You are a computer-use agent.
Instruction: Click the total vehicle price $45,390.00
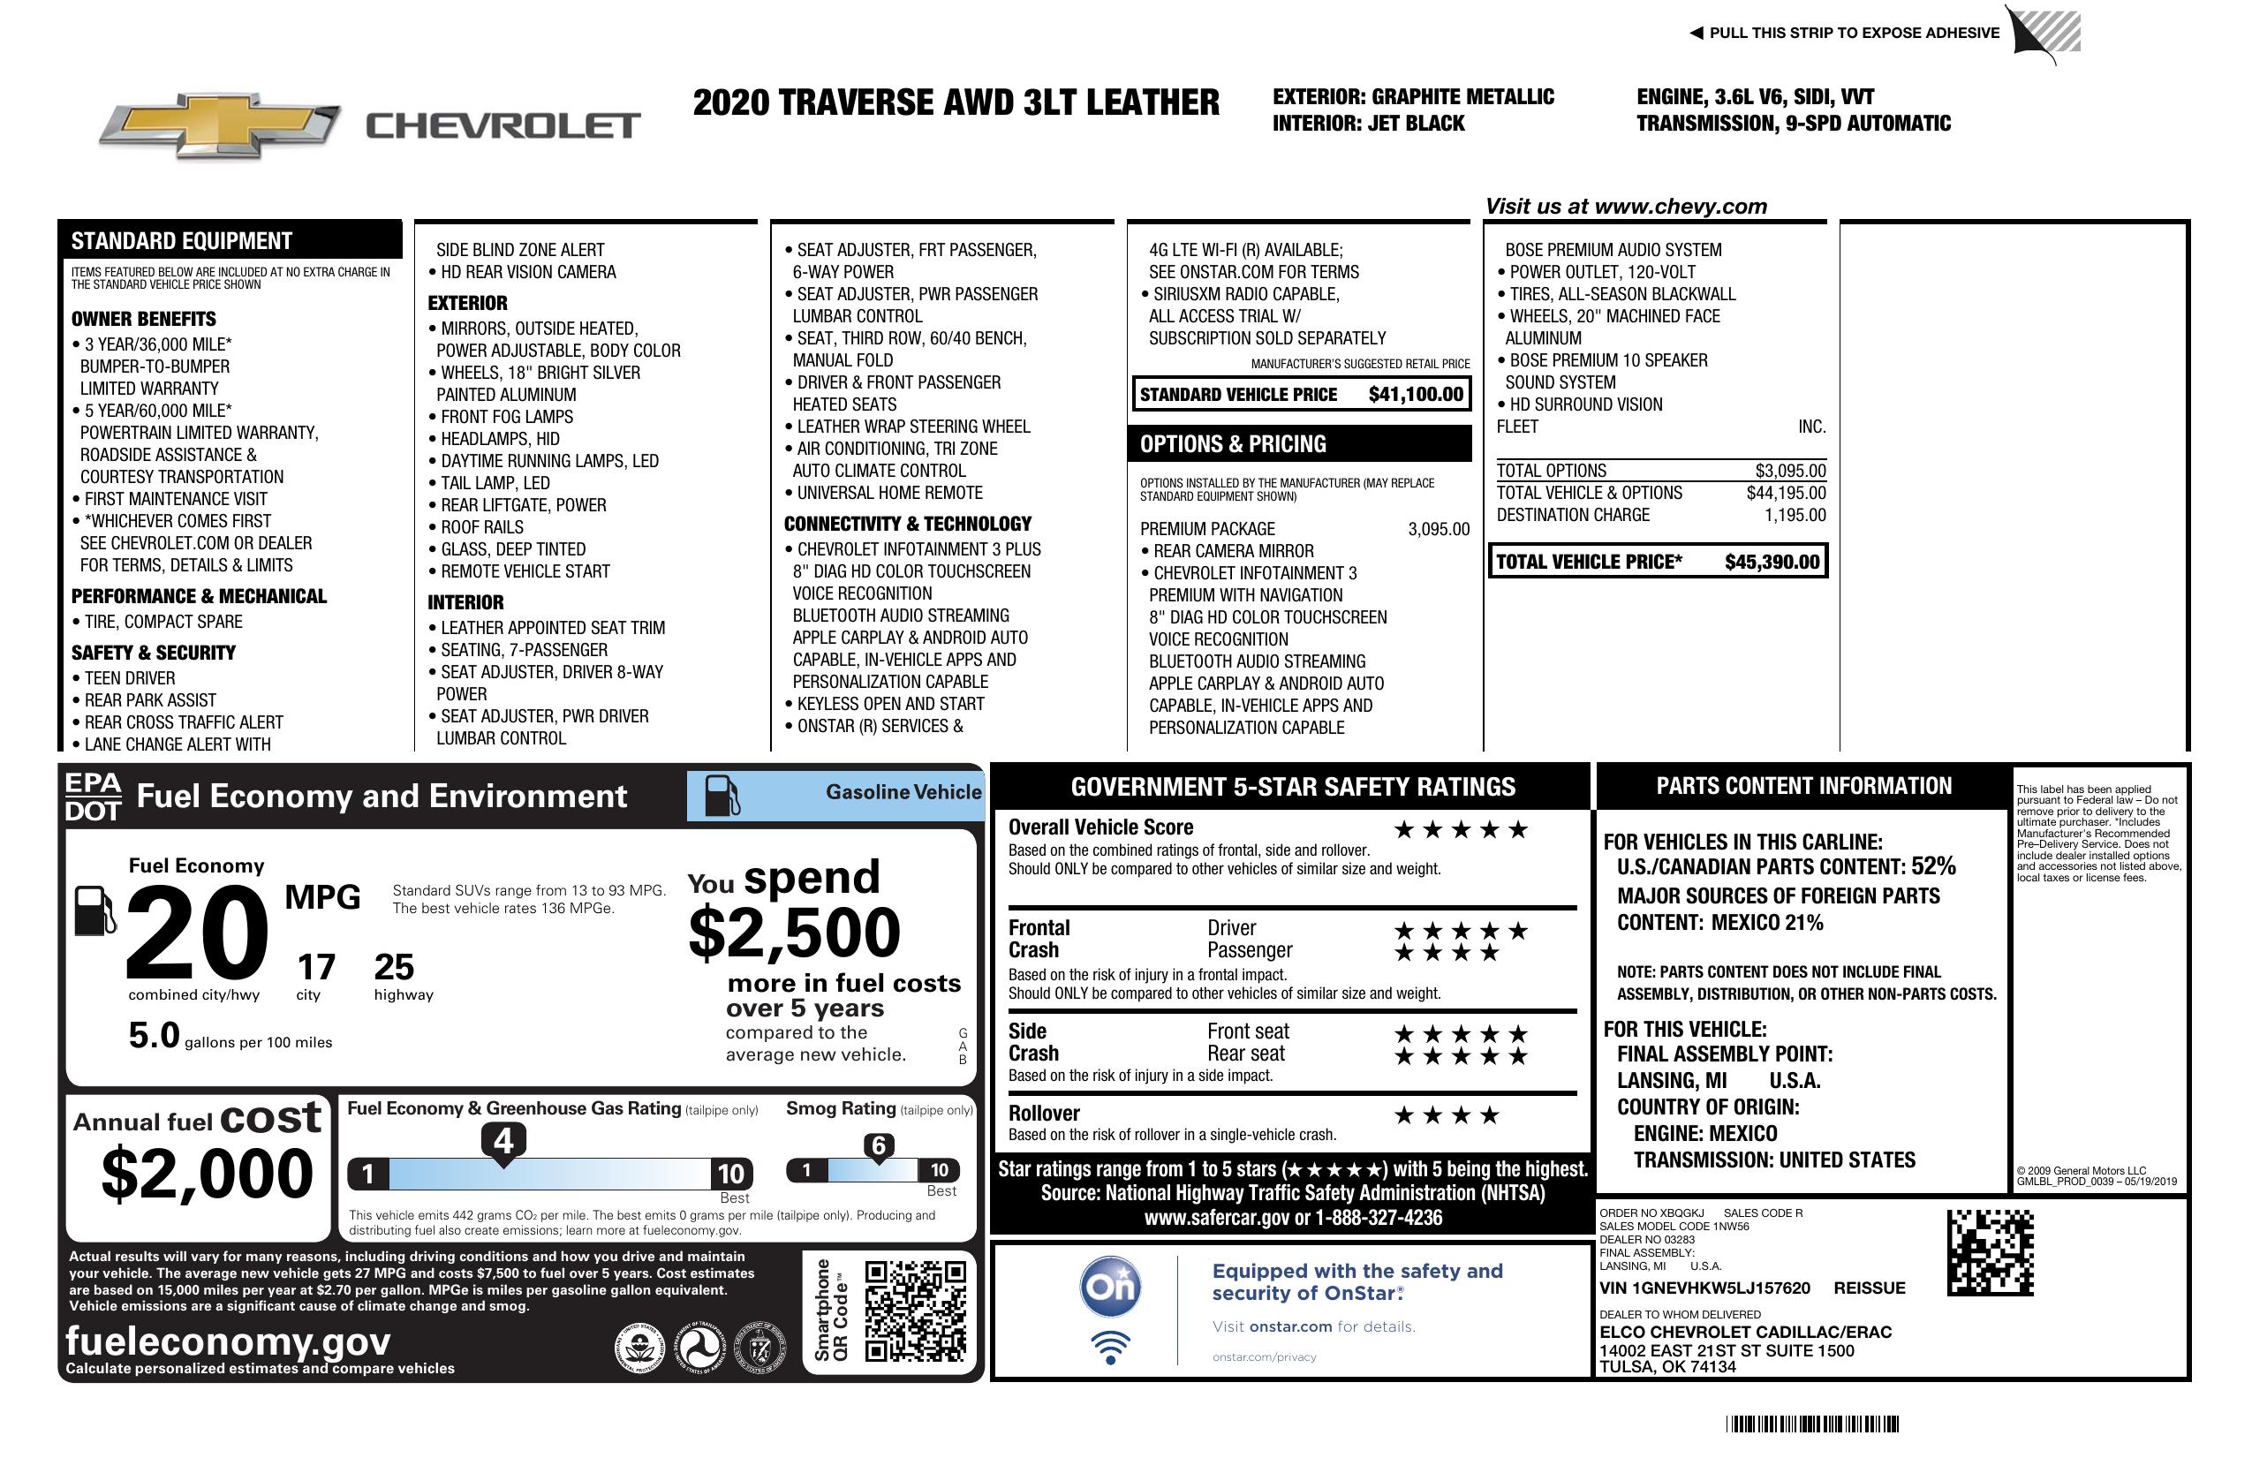point(1772,562)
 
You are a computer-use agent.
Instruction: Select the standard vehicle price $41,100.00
point(1416,395)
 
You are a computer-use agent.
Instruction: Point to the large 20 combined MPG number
point(197,933)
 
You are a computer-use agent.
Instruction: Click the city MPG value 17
point(316,967)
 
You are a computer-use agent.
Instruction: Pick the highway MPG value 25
point(394,967)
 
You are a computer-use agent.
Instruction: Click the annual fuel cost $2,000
point(208,1174)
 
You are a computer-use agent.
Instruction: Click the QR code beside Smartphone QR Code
point(915,1311)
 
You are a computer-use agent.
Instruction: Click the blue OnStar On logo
point(1110,1287)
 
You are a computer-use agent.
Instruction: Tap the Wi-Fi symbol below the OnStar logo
point(1110,1348)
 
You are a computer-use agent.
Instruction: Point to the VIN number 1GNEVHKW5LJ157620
point(1704,1288)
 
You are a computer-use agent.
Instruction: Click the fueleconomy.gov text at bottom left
point(228,1341)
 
